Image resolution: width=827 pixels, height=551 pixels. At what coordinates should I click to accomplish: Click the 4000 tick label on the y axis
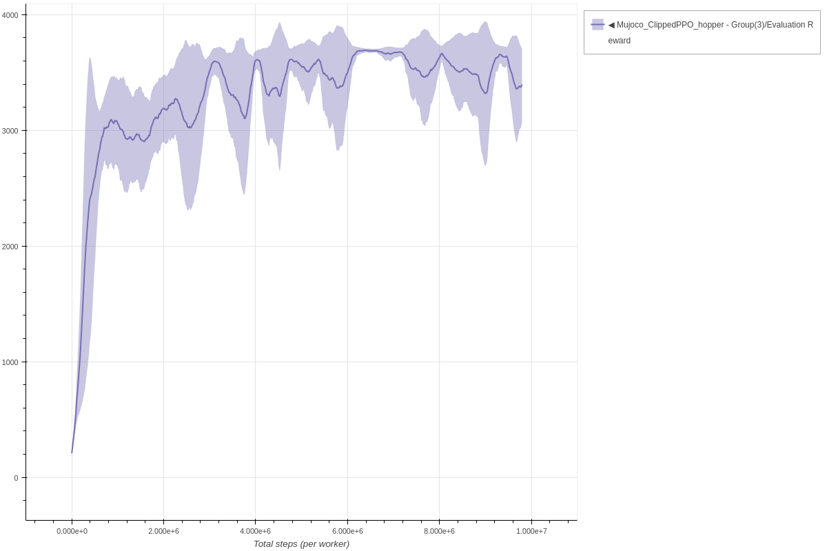click(11, 14)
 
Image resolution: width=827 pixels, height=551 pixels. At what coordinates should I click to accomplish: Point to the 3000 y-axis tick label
click(11, 130)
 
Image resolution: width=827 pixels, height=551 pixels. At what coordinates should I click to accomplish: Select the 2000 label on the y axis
click(11, 246)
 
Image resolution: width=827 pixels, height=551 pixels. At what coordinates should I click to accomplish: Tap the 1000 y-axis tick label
click(11, 362)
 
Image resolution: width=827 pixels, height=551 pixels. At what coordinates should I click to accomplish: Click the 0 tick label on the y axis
click(16, 477)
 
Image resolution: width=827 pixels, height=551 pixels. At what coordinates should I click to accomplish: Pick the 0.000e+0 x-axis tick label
click(72, 531)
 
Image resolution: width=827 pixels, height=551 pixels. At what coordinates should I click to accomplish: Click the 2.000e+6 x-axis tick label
click(163, 531)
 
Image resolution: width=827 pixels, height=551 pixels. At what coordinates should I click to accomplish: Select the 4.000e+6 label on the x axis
click(255, 531)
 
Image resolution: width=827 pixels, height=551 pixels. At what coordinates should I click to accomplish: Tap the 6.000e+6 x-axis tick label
click(347, 531)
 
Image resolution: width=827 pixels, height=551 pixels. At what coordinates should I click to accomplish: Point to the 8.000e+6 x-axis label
click(439, 531)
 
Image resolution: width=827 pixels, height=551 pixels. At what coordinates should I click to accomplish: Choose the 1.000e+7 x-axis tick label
click(531, 531)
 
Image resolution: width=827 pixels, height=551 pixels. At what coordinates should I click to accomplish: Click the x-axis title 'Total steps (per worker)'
click(301, 543)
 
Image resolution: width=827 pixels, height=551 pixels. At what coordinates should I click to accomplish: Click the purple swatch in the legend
click(598, 25)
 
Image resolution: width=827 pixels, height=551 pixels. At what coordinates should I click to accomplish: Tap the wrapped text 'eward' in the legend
click(619, 41)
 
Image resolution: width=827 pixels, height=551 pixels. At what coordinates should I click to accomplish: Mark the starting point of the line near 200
click(72, 453)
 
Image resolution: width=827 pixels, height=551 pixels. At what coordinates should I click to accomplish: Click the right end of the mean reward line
click(522, 85)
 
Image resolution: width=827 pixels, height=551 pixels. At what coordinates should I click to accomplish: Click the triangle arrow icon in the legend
click(611, 25)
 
